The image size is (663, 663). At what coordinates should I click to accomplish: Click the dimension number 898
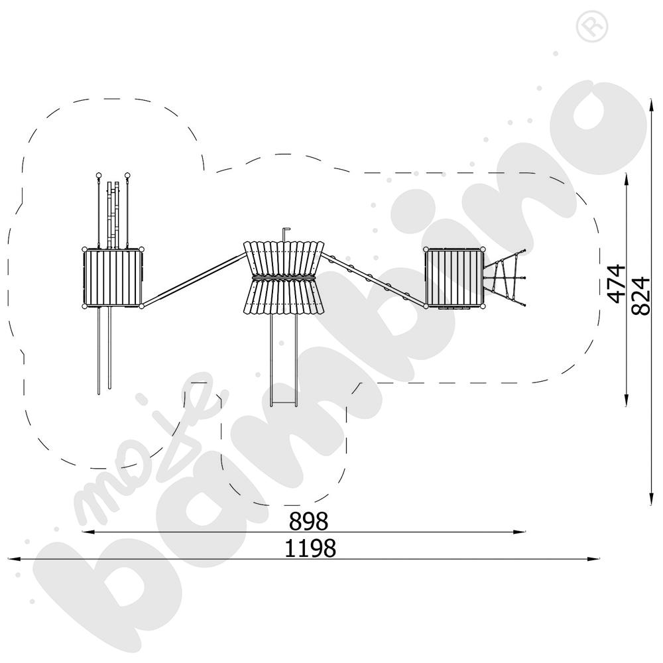[x=308, y=521]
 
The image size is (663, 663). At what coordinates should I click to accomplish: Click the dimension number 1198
[x=310, y=548]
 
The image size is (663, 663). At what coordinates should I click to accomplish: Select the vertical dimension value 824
[x=640, y=296]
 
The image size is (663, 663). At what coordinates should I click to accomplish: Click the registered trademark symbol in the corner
[x=592, y=27]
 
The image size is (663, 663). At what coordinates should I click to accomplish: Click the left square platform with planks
[x=113, y=278]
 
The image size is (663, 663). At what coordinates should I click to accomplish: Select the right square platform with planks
[x=455, y=278]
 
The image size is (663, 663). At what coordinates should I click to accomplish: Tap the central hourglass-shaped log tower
[x=284, y=278]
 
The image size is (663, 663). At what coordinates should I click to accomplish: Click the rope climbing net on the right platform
[x=505, y=278]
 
